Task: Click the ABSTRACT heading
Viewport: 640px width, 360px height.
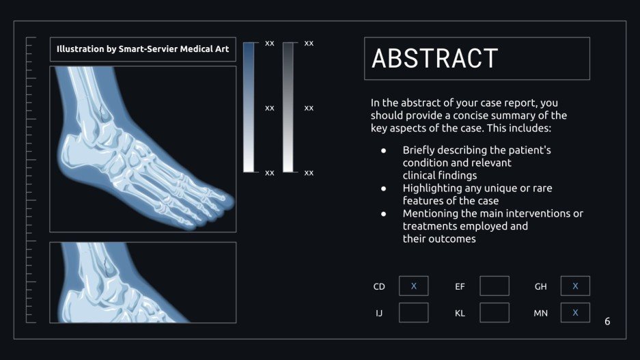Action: (x=435, y=59)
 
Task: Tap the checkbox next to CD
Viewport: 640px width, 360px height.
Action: (x=413, y=286)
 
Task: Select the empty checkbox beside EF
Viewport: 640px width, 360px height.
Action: (x=494, y=286)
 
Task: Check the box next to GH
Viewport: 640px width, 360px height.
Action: (x=575, y=286)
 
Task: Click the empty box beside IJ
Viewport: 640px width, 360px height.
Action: (x=413, y=313)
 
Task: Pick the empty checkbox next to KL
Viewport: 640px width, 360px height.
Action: (x=494, y=313)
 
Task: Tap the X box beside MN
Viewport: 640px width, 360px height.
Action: (x=575, y=313)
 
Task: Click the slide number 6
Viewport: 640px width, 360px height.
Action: (x=607, y=321)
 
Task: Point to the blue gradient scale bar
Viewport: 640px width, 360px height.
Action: (x=249, y=107)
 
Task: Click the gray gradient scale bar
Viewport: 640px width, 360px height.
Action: (x=288, y=107)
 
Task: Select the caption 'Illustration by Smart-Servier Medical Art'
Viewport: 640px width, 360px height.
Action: (x=143, y=49)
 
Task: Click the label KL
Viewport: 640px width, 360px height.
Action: (x=460, y=314)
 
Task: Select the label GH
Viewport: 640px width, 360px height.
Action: (x=540, y=287)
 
